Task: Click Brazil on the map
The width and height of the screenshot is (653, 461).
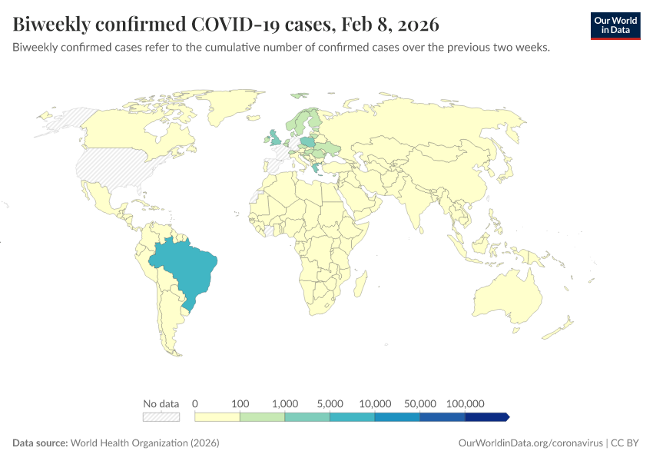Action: (x=188, y=269)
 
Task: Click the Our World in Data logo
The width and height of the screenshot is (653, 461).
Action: (x=615, y=25)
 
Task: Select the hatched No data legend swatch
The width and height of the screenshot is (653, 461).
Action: (x=161, y=416)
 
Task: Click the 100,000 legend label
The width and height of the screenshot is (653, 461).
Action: (x=465, y=403)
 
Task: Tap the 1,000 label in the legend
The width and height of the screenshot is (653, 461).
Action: (x=285, y=403)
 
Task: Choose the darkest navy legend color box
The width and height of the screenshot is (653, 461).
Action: (x=486, y=416)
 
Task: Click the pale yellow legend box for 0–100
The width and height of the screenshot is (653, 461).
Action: (x=217, y=416)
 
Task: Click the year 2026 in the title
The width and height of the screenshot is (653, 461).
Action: (x=417, y=25)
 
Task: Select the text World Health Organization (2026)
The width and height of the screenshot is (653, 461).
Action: (x=145, y=443)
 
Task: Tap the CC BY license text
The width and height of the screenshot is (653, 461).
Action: (x=626, y=443)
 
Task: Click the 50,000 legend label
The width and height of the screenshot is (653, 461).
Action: (x=420, y=403)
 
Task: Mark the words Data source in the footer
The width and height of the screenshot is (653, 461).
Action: (x=40, y=443)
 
